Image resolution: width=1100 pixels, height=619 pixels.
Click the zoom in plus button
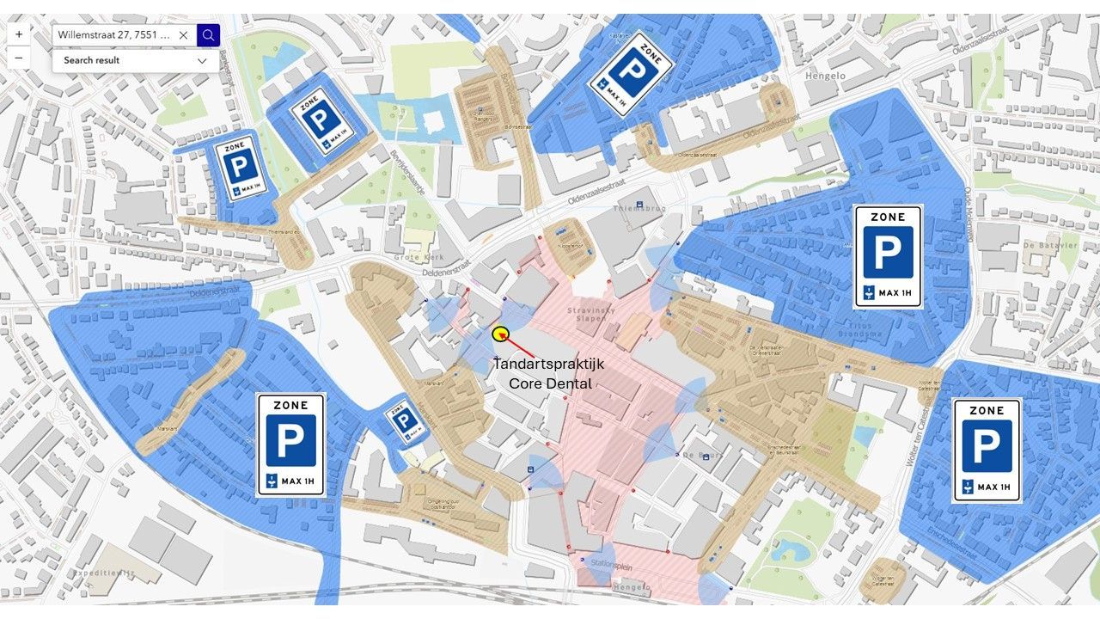pos(18,34)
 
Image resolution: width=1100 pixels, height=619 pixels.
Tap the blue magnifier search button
pos(208,35)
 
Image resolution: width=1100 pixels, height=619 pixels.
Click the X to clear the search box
pos(183,35)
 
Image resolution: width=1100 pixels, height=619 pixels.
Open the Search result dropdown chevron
pos(202,61)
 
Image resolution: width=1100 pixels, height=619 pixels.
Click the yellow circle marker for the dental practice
pos(501,334)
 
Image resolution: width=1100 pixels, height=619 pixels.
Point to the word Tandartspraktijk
pos(548,364)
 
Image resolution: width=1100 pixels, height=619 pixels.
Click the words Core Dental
pos(550,383)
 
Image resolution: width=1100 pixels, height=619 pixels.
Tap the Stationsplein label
pos(611,563)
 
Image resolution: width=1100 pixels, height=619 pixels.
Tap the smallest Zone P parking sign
pos(405,420)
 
